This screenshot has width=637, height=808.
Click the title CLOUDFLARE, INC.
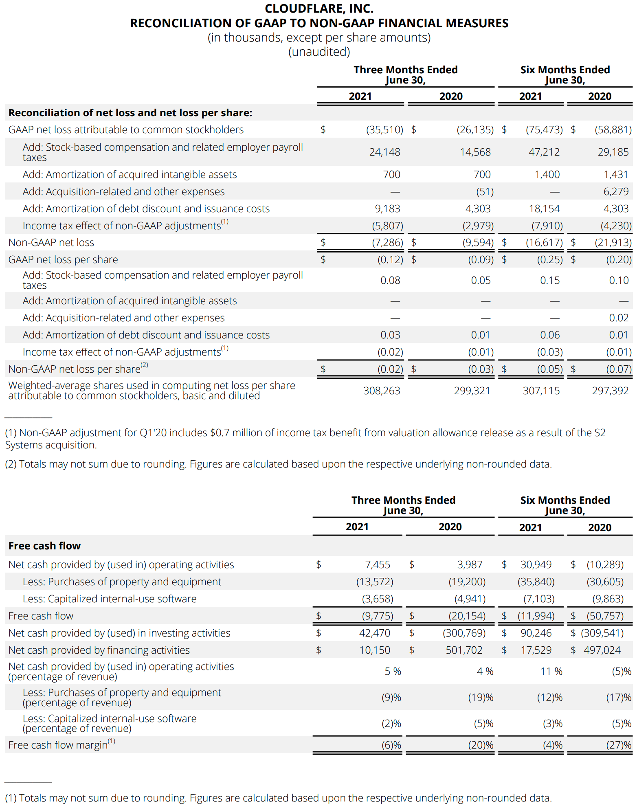(319, 9)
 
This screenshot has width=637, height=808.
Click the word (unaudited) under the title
(319, 52)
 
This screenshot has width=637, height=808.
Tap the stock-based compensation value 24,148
(384, 152)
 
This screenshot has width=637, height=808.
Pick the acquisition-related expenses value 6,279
(616, 191)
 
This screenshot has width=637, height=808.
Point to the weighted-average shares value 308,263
(382, 391)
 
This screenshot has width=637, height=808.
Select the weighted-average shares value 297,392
(610, 391)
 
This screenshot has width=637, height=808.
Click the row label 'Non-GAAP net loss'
(51, 242)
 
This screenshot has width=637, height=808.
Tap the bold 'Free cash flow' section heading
(44, 546)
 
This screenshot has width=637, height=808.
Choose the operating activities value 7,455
(378, 564)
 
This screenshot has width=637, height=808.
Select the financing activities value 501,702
(464, 650)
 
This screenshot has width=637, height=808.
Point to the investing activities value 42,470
(375, 633)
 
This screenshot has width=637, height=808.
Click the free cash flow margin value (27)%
(619, 745)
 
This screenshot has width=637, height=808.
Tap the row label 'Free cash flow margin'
(58, 745)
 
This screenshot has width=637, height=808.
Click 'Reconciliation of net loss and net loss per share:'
(130, 113)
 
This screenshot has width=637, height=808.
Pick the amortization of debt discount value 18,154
(544, 209)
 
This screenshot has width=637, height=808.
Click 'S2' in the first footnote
(600, 433)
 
